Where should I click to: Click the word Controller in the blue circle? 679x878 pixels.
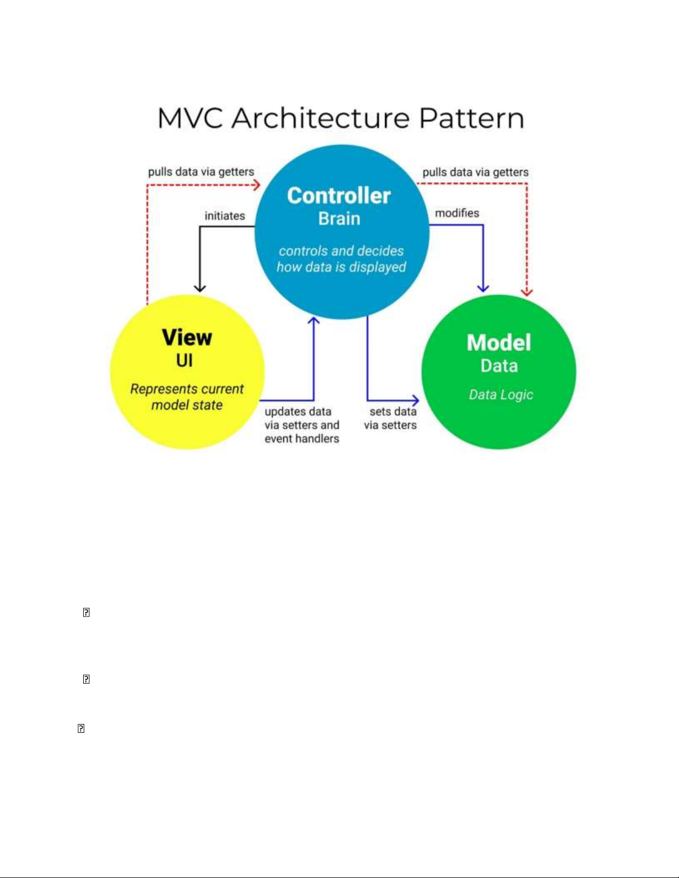(339, 196)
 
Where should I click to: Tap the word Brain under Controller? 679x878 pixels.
(339, 219)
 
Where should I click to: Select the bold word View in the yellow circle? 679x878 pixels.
(187, 337)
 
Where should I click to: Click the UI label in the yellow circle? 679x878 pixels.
(184, 361)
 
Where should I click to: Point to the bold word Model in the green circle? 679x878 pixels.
(499, 343)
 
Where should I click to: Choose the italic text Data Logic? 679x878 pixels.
(501, 394)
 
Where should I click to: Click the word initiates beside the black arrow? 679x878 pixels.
(224, 216)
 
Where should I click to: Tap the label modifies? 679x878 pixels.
(457, 213)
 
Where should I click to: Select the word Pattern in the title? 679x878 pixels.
(472, 119)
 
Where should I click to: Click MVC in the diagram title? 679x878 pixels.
(190, 119)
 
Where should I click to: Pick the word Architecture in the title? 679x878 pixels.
(320, 119)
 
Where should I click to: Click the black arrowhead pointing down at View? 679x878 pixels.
(200, 287)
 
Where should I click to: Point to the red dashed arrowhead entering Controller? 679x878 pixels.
(257, 185)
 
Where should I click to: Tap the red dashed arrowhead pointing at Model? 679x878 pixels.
(527, 292)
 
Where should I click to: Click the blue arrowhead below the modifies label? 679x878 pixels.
(483, 289)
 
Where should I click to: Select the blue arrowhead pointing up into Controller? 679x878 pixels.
(314, 321)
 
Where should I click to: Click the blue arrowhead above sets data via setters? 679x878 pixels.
(416, 401)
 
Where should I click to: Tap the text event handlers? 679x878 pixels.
(302, 439)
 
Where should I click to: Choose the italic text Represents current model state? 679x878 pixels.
(187, 397)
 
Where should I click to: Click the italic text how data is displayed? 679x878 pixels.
(341, 267)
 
